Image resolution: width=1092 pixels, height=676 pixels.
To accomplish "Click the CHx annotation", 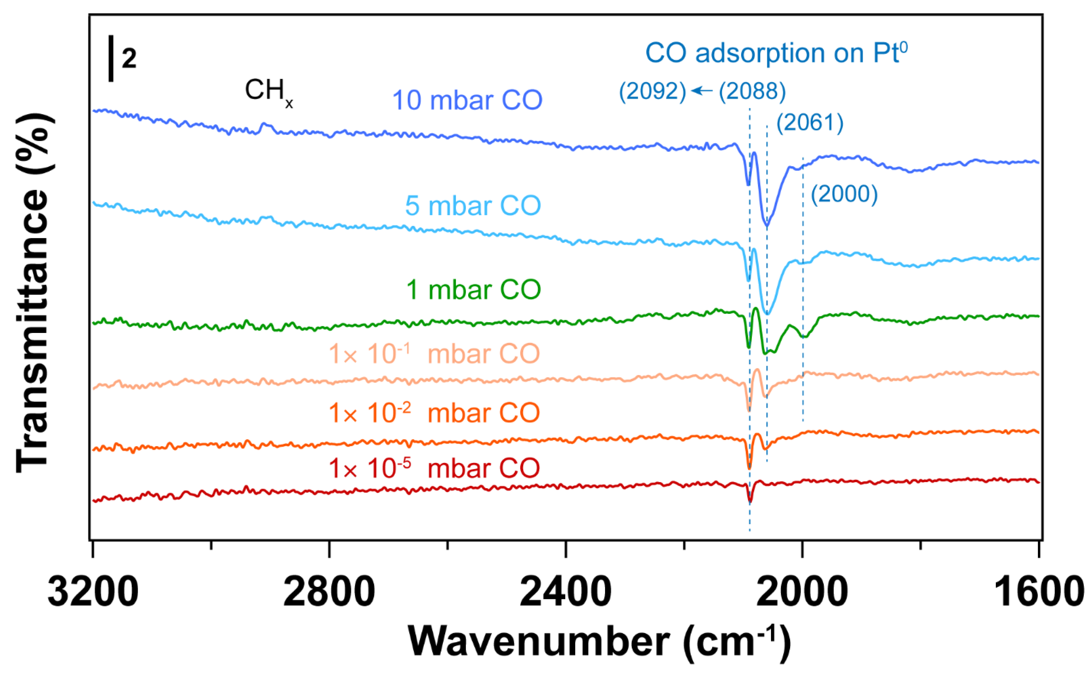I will tap(268, 92).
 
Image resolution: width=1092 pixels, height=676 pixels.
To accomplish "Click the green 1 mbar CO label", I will tap(473, 290).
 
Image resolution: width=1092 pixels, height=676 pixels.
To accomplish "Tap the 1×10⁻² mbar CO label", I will tap(434, 413).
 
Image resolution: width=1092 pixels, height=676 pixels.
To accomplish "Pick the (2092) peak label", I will tap(652, 92).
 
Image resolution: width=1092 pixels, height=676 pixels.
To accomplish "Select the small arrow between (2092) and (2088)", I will tap(702, 91).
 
